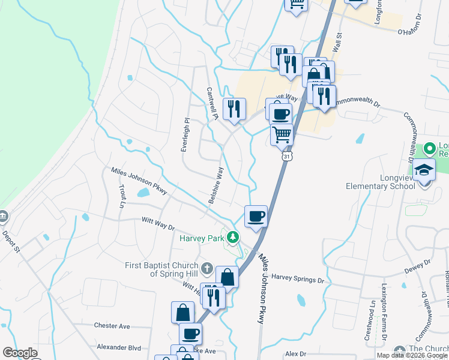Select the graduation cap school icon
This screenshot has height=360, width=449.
(424, 171)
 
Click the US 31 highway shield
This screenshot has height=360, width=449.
(288, 156)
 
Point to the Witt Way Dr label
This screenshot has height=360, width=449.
(157, 224)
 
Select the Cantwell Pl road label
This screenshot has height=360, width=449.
(211, 101)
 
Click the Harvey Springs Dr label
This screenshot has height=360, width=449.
(298, 278)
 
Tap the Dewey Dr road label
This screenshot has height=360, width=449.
(418, 266)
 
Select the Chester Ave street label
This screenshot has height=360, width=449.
(112, 326)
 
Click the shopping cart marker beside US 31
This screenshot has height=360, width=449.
(282, 134)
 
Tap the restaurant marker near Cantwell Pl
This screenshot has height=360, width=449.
(234, 109)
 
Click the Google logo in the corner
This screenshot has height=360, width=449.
(20, 353)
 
